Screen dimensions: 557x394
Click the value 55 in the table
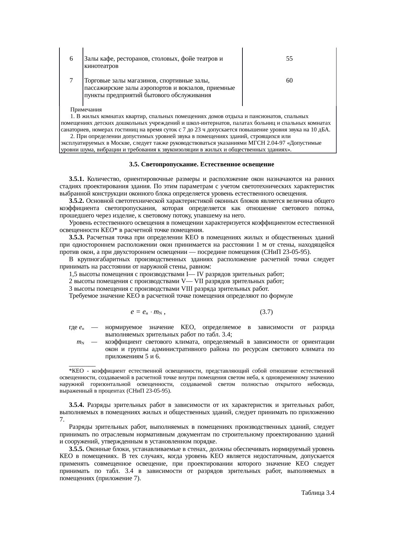(289, 59)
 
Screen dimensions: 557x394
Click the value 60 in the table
(289, 81)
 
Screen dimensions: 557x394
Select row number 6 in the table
(71, 59)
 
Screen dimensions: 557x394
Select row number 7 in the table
(71, 81)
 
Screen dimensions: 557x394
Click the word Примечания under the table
(86, 110)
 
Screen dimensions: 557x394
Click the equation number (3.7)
(266, 312)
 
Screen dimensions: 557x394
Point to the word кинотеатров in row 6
(101, 66)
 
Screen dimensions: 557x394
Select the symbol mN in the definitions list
(80, 342)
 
